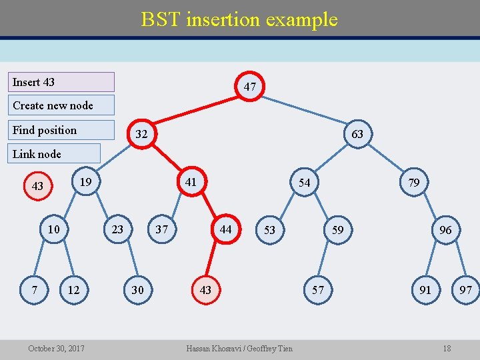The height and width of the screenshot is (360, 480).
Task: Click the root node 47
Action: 250,87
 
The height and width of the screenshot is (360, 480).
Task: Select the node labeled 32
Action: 141,134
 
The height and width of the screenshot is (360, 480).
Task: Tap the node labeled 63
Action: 357,134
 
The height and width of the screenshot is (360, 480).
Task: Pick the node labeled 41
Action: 191,181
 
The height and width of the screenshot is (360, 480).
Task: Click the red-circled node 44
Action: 226,229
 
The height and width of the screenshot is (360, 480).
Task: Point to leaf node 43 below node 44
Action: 205,290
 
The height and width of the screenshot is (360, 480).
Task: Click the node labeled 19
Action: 85,181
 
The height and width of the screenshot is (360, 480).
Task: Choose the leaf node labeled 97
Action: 465,290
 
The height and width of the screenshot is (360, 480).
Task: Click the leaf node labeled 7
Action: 34,290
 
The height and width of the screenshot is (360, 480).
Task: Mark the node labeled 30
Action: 137,290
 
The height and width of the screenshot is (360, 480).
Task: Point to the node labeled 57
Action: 318,290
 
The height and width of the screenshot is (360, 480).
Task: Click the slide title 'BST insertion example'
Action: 239,19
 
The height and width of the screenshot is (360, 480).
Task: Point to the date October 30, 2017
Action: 56,348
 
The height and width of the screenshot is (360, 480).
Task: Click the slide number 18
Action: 447,348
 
